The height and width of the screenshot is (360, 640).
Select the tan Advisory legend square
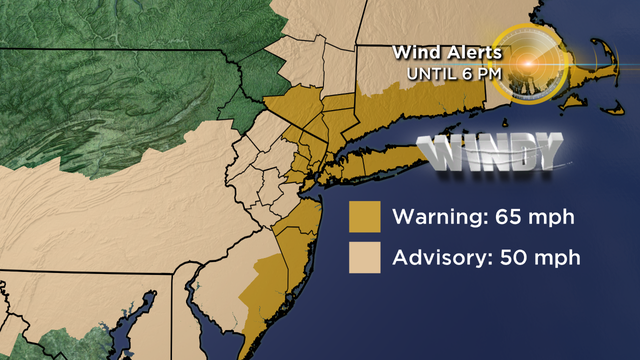point(364,258)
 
